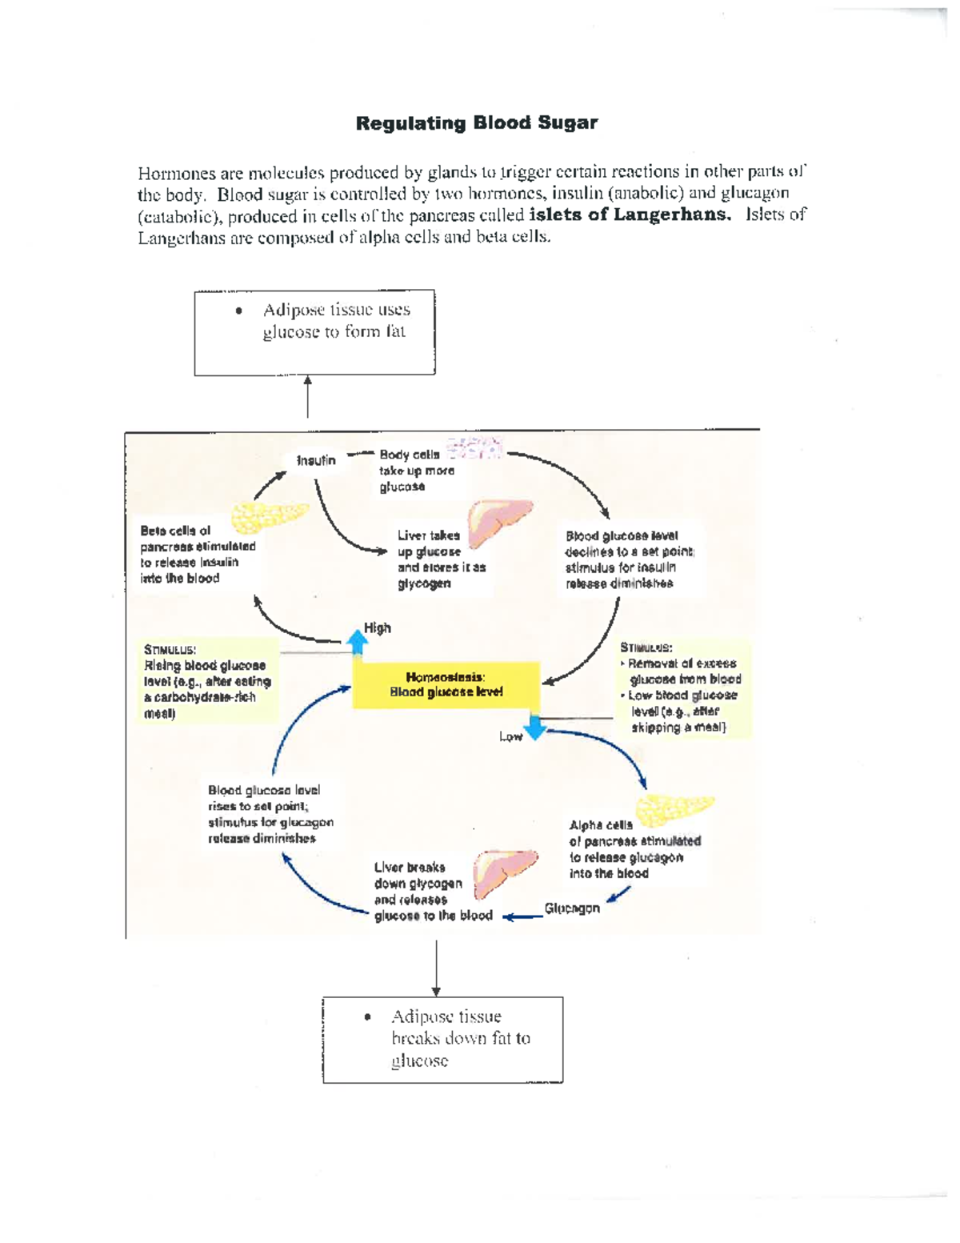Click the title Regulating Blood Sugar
[x=476, y=123]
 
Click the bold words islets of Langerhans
[x=630, y=215]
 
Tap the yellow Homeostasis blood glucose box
[x=446, y=685]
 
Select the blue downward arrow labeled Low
[x=534, y=726]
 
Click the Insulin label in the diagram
[x=316, y=460]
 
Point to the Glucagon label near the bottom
[x=572, y=908]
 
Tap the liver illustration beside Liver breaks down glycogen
[x=502, y=873]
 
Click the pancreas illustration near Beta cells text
[x=268, y=516]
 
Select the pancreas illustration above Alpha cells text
[x=674, y=810]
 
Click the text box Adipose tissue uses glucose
[x=314, y=332]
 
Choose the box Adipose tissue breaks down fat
[x=442, y=1039]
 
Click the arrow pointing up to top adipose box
[x=308, y=397]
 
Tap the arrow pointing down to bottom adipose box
[x=436, y=968]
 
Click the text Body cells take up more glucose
[x=416, y=471]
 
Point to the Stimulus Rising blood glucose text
[x=206, y=681]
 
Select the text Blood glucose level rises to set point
[x=270, y=814]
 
